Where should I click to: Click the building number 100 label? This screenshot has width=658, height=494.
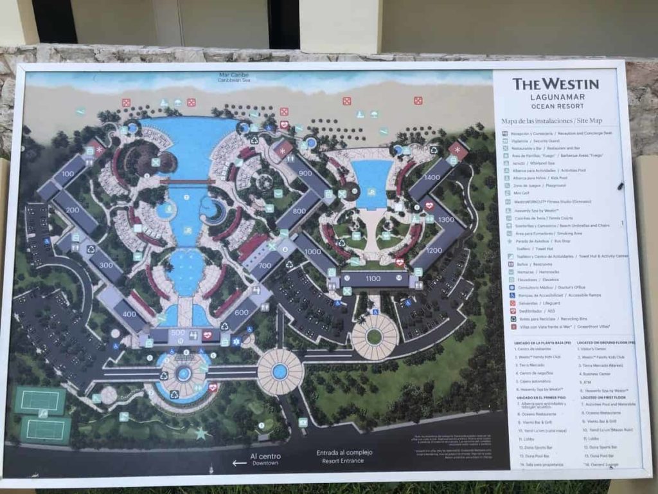pyautogui.click(x=67, y=174)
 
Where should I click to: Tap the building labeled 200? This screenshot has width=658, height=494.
pyautogui.click(x=72, y=210)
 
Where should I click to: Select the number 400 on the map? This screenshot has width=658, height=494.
pyautogui.click(x=130, y=314)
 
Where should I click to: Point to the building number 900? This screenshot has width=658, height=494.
pyautogui.click(x=305, y=173)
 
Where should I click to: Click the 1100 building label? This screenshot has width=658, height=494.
pyautogui.click(x=373, y=279)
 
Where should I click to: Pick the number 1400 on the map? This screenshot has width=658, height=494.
pyautogui.click(x=432, y=178)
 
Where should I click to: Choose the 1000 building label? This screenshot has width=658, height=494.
pyautogui.click(x=313, y=252)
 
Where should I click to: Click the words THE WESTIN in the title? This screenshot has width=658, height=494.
pyautogui.click(x=555, y=84)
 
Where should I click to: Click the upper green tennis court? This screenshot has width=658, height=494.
pyautogui.click(x=40, y=401)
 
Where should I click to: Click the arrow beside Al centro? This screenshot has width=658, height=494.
pyautogui.click(x=239, y=462)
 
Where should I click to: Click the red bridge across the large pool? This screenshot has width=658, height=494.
pyautogui.click(x=187, y=182)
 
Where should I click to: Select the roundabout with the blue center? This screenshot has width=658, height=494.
pyautogui.click(x=280, y=371)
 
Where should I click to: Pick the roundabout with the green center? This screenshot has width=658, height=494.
pyautogui.click(x=374, y=336)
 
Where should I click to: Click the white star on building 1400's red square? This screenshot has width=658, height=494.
pyautogui.click(x=458, y=150)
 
